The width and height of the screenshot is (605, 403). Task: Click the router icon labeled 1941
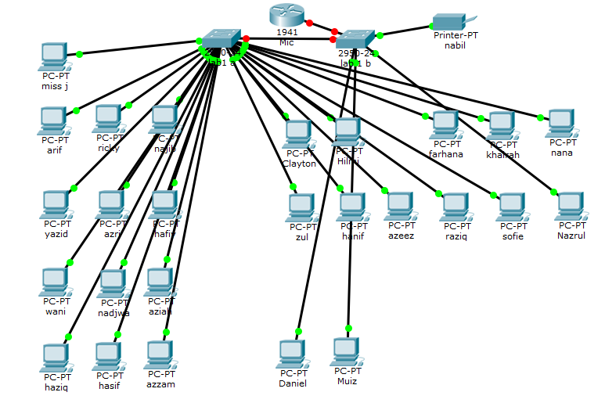point(286,14)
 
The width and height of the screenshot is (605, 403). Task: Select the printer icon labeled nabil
point(449,21)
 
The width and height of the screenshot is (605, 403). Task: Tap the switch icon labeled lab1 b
point(355,40)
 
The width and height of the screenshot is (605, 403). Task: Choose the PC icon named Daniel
point(292,354)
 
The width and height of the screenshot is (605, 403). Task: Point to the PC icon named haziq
point(54,357)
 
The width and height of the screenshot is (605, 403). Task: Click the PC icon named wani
point(54,282)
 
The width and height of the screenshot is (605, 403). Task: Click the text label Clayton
point(299,164)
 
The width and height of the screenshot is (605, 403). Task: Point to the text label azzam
point(160,384)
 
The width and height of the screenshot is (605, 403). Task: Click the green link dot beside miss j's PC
point(79,54)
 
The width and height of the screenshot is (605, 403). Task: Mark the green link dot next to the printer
point(380,35)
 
